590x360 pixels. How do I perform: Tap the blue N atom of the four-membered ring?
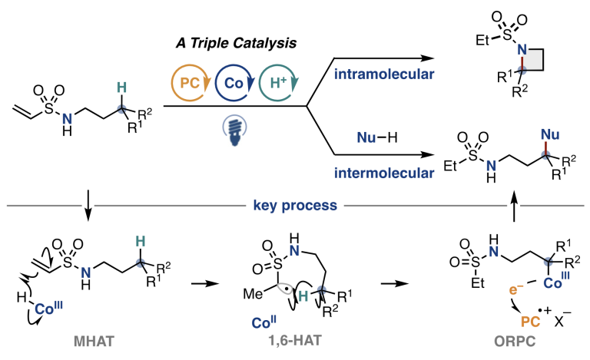520,49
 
